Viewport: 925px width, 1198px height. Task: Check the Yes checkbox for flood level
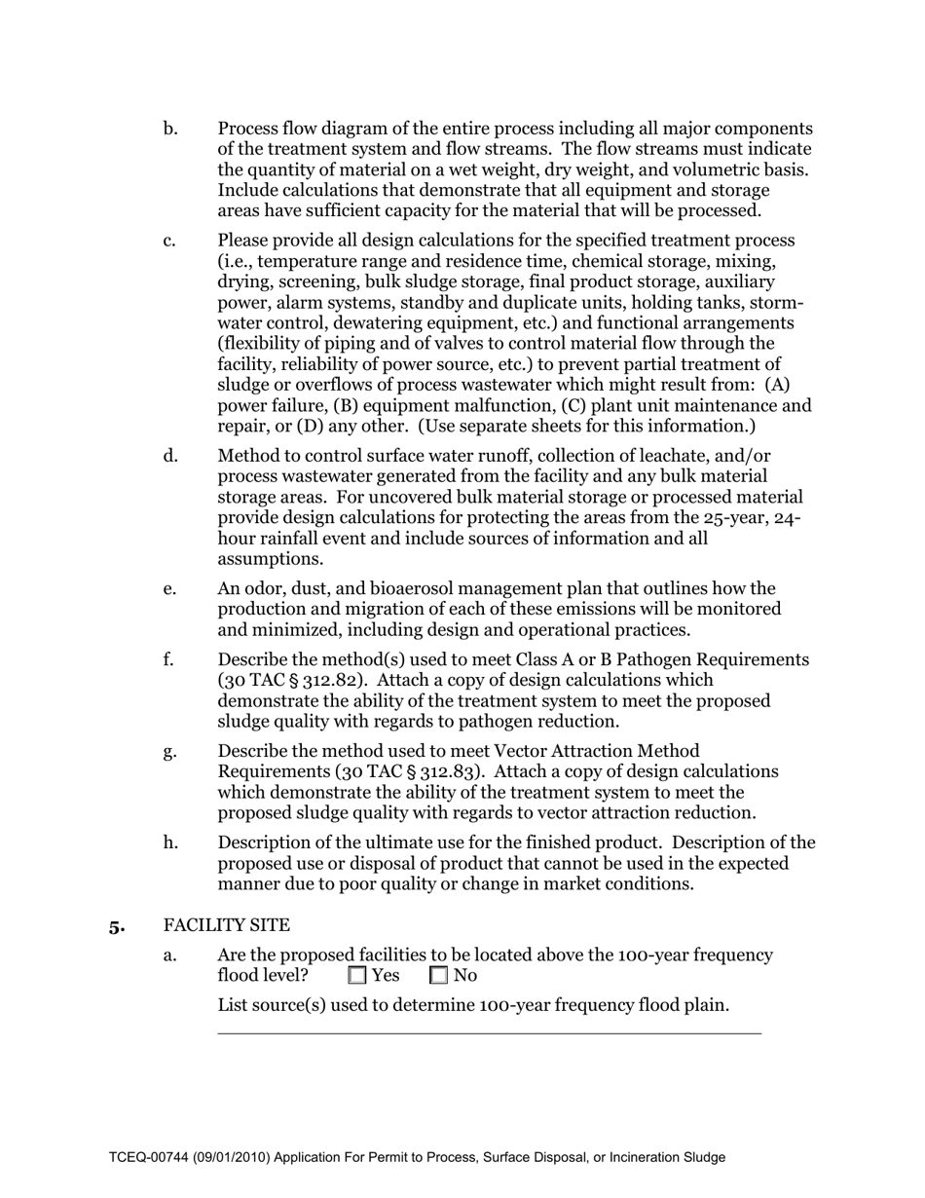(x=357, y=975)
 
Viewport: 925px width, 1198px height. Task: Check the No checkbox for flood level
(x=438, y=975)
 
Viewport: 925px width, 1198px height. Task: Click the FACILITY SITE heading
(x=226, y=924)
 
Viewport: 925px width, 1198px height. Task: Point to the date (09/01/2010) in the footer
(x=233, y=1158)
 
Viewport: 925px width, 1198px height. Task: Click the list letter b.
(x=170, y=129)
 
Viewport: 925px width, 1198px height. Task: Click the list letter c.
(x=170, y=241)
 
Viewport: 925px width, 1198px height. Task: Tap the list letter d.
(x=170, y=456)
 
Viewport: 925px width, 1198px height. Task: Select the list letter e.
(x=170, y=588)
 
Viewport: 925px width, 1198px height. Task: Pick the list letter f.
(x=169, y=659)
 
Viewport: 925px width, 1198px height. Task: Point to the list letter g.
(x=170, y=751)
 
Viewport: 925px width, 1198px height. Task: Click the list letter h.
(x=170, y=842)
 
